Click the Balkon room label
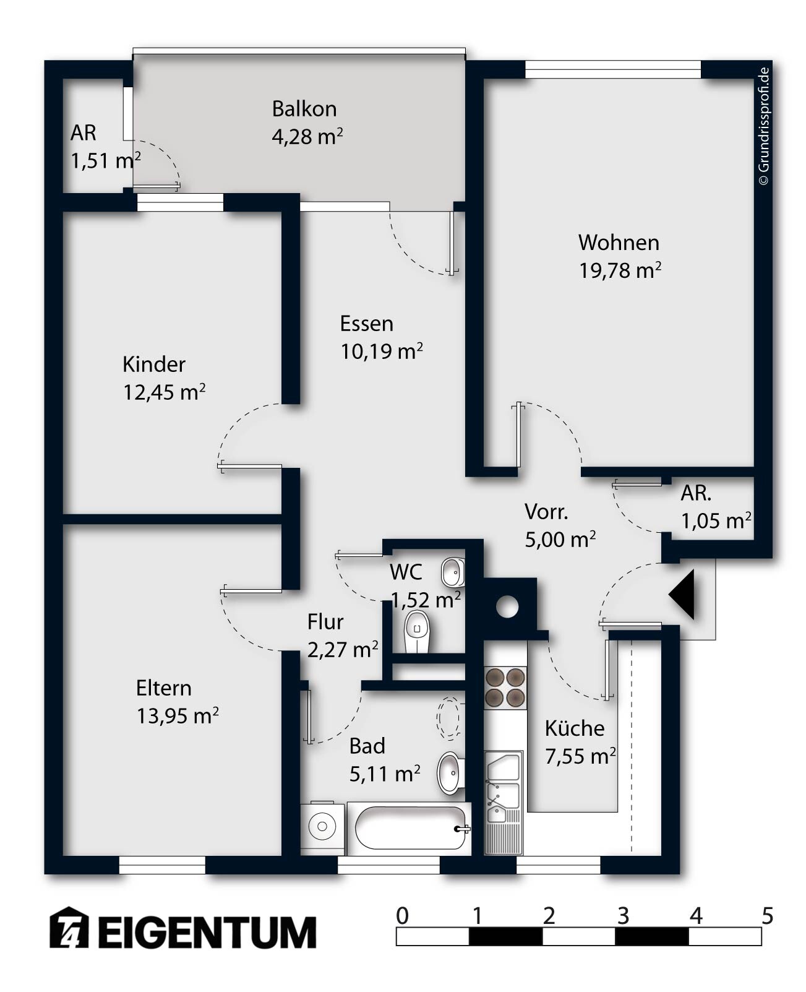tap(304, 109)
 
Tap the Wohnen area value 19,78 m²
tap(619, 270)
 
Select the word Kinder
tap(153, 364)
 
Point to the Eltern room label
tap(163, 688)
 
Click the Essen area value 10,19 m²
tap(382, 352)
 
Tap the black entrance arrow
tap(682, 595)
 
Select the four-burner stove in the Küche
tap(505, 688)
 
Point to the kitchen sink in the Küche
tap(504, 803)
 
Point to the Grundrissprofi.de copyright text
tap(764, 127)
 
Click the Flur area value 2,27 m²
tap(343, 650)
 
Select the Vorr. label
tap(546, 512)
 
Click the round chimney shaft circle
tap(507, 607)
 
